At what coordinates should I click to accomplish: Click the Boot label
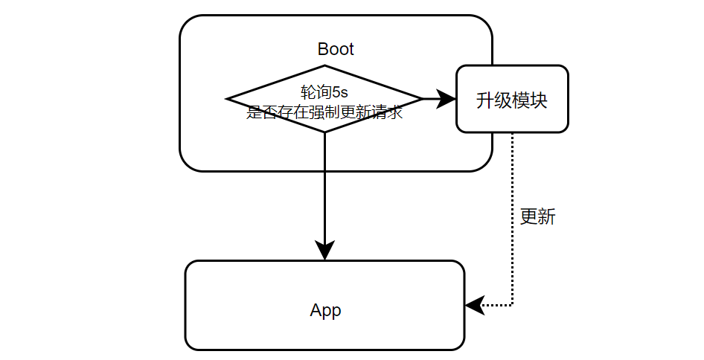336,50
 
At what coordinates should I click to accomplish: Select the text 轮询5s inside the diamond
324,92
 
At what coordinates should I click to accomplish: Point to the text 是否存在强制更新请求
324,113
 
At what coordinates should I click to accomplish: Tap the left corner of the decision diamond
228,98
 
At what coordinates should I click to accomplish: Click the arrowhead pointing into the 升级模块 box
447,98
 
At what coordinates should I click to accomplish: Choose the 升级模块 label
512,100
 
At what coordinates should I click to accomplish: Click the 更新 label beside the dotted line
537,217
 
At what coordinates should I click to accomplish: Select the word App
325,311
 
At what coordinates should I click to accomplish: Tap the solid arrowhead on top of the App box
324,251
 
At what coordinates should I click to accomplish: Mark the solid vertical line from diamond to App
324,186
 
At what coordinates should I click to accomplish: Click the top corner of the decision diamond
324,65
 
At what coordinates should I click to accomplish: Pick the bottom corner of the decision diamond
324,132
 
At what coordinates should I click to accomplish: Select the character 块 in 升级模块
539,100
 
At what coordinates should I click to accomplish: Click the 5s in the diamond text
341,92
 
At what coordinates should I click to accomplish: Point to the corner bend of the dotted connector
513,305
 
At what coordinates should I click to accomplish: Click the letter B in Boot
322,50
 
